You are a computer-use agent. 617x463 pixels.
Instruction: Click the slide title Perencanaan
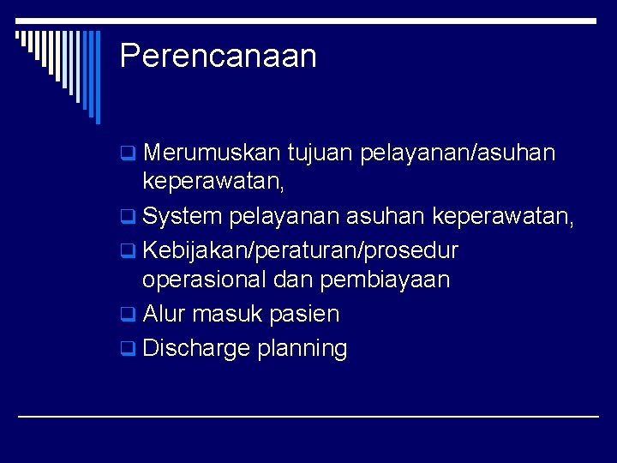tap(219, 57)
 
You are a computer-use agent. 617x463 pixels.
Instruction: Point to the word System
tap(182, 217)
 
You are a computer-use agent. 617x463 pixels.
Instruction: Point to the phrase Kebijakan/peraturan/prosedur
tap(300, 251)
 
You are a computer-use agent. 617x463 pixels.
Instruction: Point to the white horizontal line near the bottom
tap(308, 416)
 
